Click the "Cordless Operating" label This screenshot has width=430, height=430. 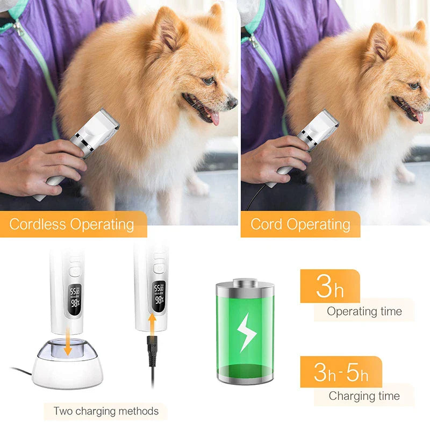coord(71,224)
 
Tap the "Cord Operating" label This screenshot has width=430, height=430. coord(300,224)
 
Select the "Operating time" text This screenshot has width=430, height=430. coord(364,311)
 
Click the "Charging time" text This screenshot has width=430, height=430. coord(364,396)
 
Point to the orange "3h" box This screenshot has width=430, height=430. coord(329,286)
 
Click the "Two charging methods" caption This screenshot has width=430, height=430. coord(106,411)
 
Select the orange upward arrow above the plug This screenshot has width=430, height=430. coord(152,325)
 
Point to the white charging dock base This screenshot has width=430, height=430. coord(67,371)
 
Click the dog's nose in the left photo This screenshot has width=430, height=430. coord(232,101)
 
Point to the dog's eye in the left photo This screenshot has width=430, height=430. coord(208,81)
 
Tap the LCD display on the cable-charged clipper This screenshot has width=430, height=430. coord(159,293)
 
